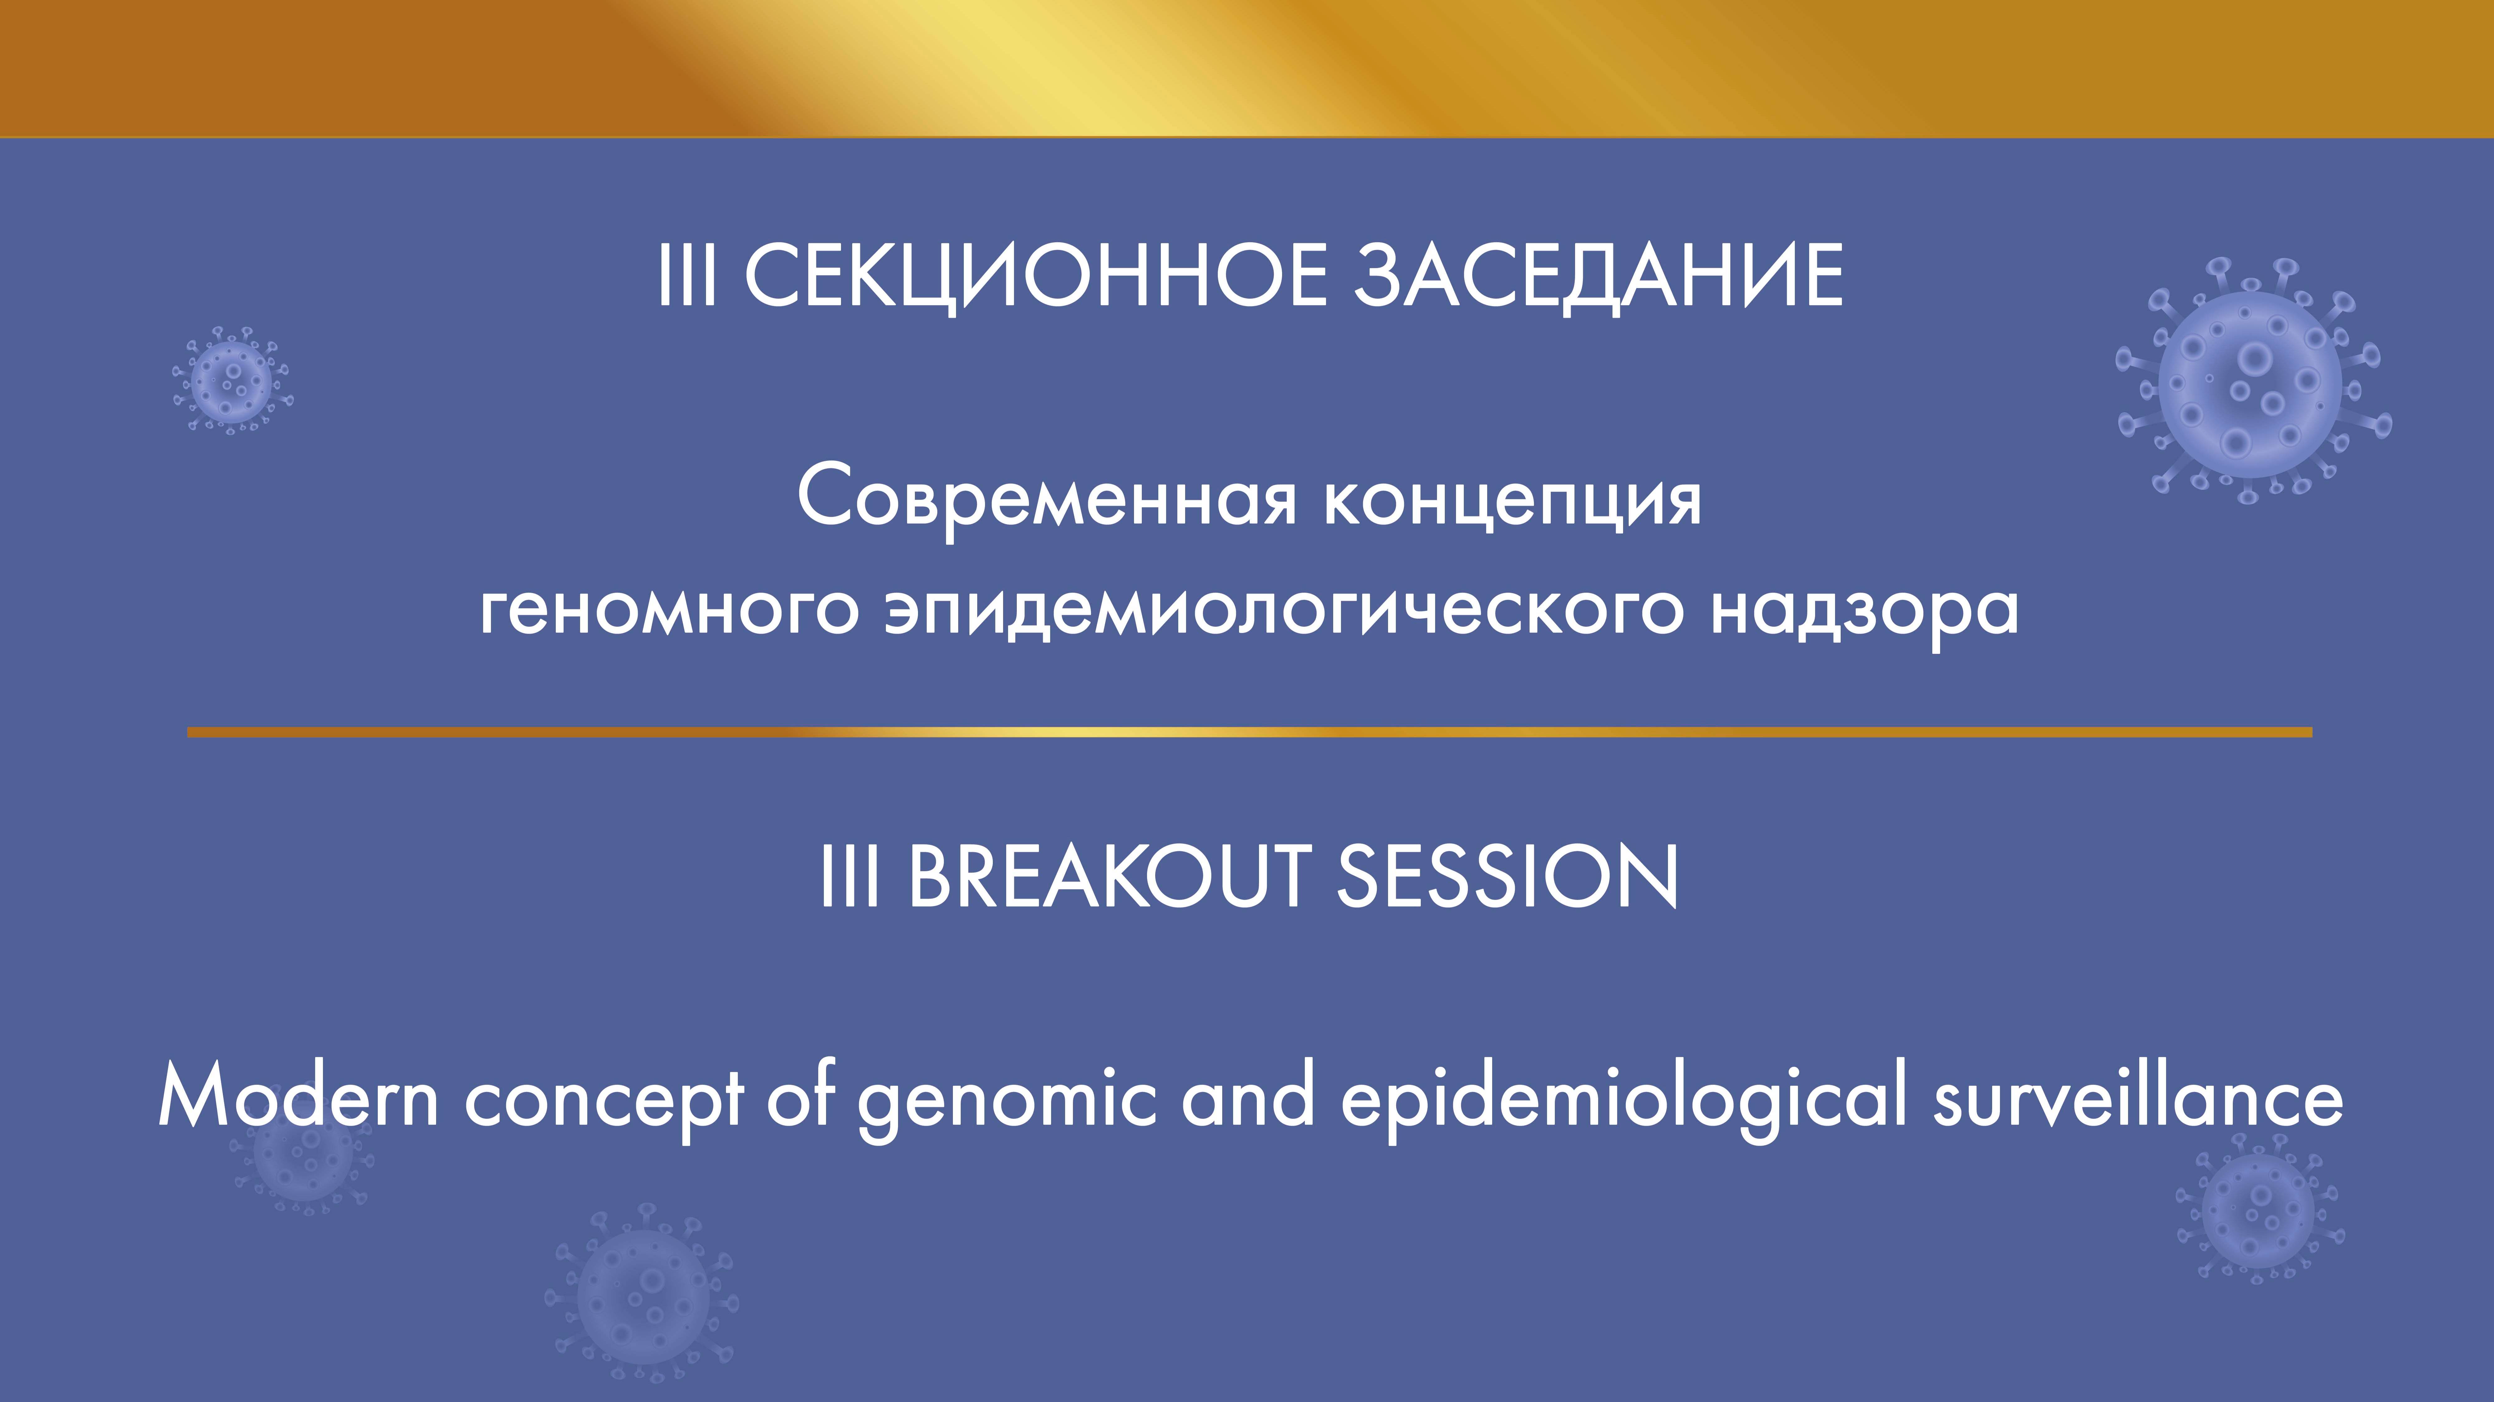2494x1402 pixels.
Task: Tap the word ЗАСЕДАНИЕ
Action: click(x=1598, y=276)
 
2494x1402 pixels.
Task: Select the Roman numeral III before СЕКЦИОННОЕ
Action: click(x=687, y=276)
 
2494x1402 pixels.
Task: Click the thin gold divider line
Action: click(x=1249, y=732)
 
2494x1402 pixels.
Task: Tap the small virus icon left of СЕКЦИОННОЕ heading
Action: click(x=232, y=380)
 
